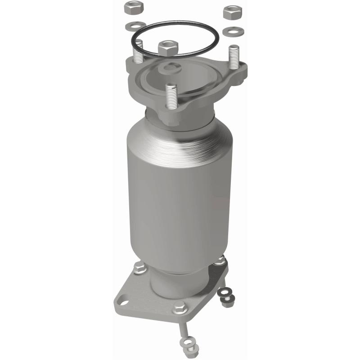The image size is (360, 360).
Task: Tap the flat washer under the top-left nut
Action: pos(136,25)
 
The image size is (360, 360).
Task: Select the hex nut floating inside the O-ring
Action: pos(168,46)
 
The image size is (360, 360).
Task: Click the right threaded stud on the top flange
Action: pos(234,57)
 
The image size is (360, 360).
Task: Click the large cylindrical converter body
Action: pos(180,193)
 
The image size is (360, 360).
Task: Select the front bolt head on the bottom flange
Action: pos(179,309)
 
